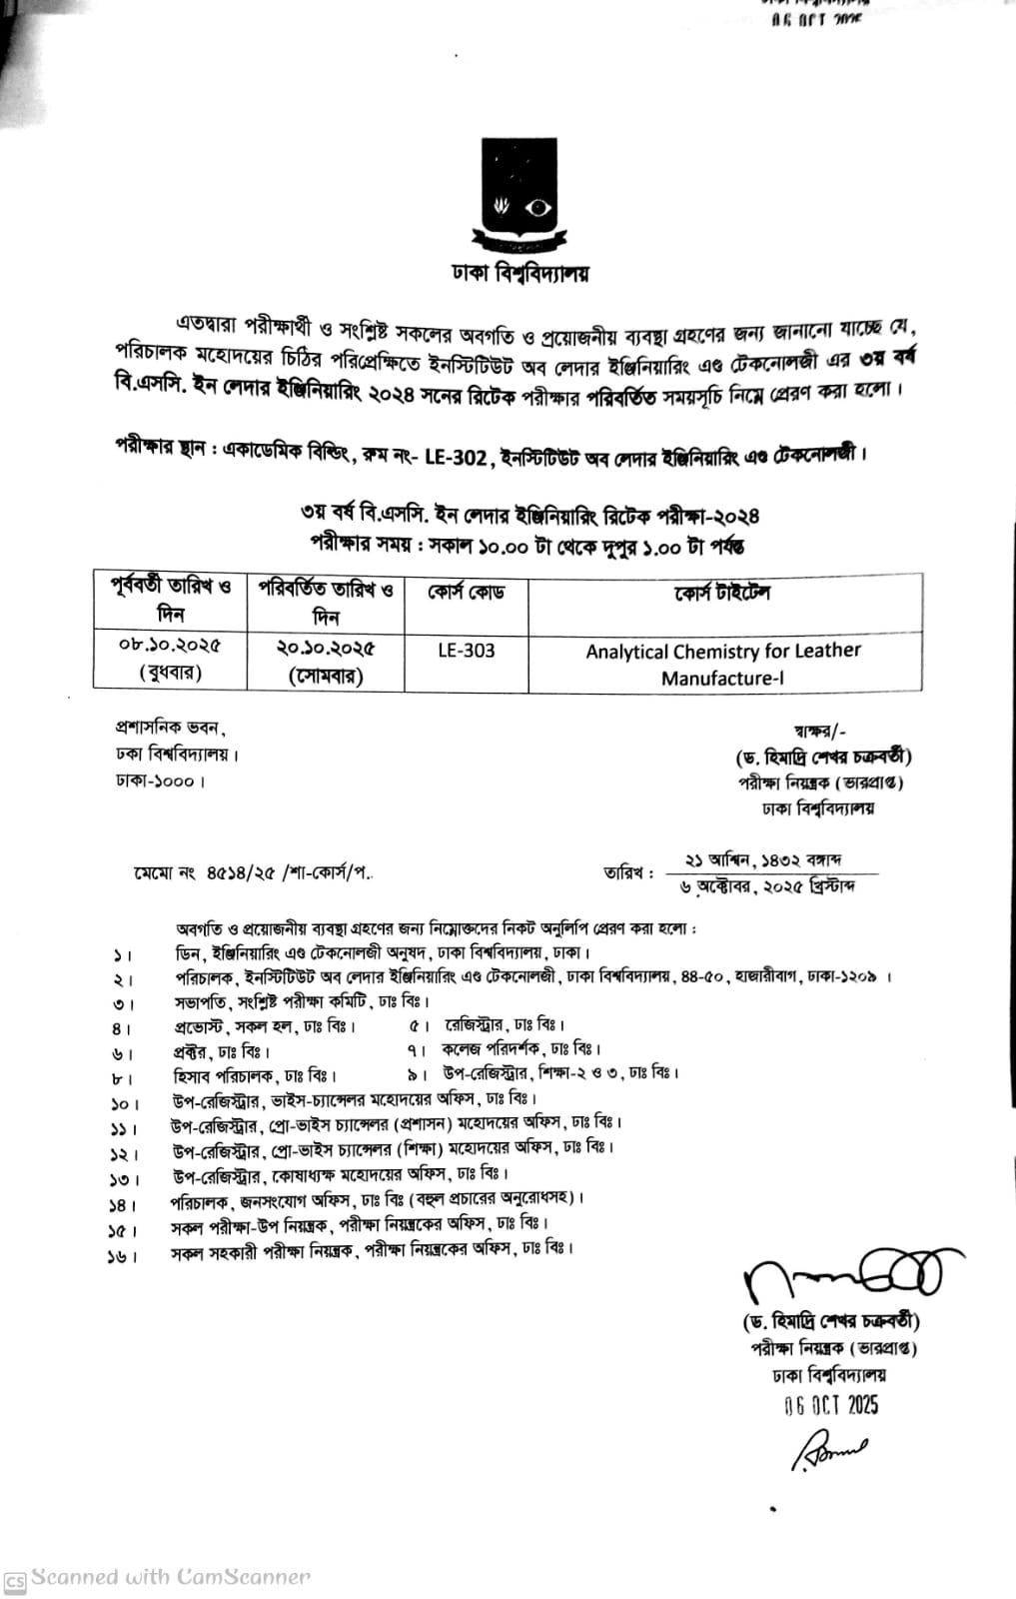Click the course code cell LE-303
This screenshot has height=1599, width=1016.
point(466,651)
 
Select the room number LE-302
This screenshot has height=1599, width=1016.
point(457,458)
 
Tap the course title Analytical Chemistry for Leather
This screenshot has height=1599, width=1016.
point(723,652)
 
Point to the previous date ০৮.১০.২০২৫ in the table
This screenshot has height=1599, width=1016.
point(170,646)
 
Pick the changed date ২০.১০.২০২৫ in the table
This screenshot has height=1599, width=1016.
point(326,648)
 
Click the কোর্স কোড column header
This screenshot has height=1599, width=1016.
point(466,593)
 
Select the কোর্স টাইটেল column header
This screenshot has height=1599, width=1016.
point(722,593)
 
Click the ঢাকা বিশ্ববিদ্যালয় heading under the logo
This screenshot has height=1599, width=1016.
point(520,273)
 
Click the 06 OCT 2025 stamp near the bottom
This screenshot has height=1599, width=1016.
point(831,1405)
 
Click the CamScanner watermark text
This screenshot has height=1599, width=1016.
point(170,1577)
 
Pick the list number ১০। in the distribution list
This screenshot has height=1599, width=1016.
point(122,1104)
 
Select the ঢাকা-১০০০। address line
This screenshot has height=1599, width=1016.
point(160,780)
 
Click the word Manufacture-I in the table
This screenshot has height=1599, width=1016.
point(717,679)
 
